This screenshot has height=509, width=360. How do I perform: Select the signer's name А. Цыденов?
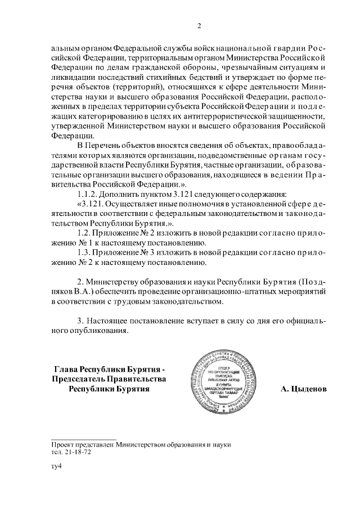303,389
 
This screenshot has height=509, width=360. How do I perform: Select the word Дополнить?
123,194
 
